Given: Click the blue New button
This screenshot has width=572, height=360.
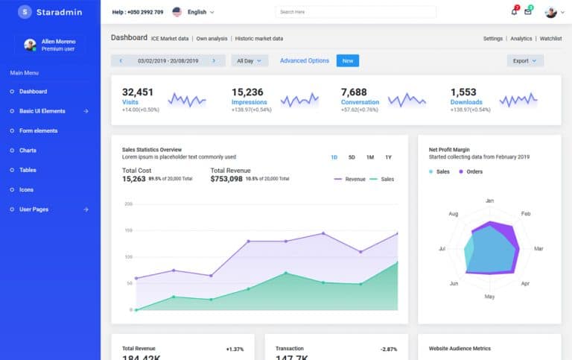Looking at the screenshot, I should click(x=347, y=60).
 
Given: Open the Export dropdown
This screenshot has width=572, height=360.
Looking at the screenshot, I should click(x=525, y=61).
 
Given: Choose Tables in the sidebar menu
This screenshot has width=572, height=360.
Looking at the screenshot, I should click(x=28, y=170).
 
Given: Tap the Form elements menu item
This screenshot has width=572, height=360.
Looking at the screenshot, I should click(x=38, y=130).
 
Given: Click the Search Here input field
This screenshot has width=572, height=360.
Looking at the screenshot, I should click(x=339, y=12).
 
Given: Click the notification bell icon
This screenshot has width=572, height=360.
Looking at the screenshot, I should click(x=514, y=12).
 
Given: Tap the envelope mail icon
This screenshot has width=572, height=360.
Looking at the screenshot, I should click(x=528, y=12).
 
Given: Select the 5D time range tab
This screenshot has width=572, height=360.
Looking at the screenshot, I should click(x=352, y=157).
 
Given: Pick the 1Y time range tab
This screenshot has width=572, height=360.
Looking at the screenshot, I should click(x=388, y=157).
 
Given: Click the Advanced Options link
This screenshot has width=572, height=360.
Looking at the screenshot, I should click(x=304, y=60).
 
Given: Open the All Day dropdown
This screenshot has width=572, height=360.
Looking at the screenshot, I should click(x=249, y=61).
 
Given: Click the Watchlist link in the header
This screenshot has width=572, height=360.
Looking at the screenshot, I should click(x=550, y=38).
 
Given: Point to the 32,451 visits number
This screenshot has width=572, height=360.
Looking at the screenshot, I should click(x=138, y=92).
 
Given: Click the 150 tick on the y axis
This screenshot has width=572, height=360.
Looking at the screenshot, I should click(x=128, y=230).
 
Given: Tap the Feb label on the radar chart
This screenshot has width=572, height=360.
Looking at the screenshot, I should click(x=526, y=214).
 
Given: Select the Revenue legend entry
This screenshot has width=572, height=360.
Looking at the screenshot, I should click(x=350, y=180).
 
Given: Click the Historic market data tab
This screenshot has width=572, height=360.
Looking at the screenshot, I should click(x=259, y=38).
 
